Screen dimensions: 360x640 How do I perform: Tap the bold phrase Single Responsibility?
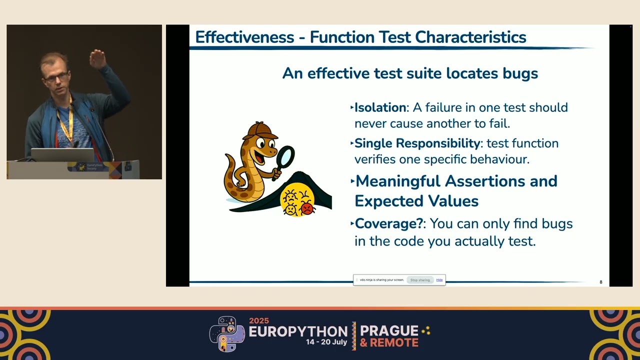pos(417,143)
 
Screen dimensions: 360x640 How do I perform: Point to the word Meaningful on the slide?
pos(398,181)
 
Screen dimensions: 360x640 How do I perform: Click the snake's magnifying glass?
pos(285,157)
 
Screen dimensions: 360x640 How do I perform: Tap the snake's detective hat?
pos(259,130)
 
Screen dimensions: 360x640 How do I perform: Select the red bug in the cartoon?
pos(307,208)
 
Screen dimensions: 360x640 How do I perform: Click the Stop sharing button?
pos(420,280)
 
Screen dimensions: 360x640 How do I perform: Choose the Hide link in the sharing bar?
pos(439,280)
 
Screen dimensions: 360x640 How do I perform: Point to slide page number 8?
pos(601,282)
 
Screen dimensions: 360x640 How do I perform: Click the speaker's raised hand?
pos(97,58)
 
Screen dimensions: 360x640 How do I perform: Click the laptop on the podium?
pos(62,154)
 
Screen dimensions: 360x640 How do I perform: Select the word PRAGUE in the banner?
pos(389,330)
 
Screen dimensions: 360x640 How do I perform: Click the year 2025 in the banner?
pos(259,321)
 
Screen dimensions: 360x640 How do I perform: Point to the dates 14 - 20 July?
pos(326,342)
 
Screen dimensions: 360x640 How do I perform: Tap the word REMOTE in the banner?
pos(394,343)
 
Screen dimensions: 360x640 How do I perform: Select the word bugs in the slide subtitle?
pos(520,73)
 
